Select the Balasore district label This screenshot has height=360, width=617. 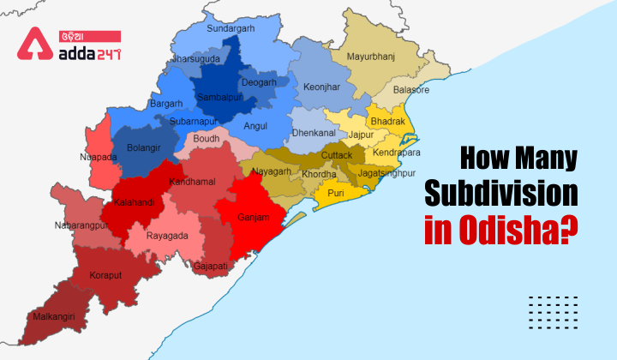click(410, 89)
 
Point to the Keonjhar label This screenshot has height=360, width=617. click(320, 87)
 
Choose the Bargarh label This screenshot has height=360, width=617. click(166, 104)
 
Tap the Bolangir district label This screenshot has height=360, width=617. click(143, 147)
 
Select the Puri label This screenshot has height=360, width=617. click(336, 193)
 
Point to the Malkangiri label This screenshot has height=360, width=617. click(55, 316)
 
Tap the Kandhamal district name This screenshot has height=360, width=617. click(193, 182)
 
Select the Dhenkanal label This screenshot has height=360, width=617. click(314, 134)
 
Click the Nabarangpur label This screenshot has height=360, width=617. click(78, 225)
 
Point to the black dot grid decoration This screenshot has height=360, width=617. click(554, 309)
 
